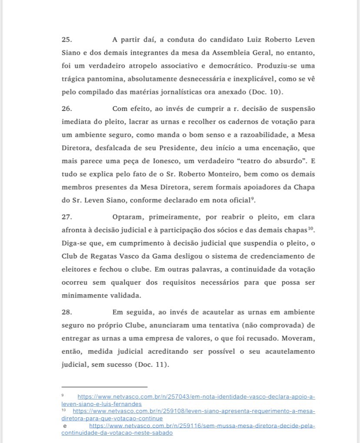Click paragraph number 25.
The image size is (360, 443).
[67, 40]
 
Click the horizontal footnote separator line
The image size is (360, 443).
[104, 386]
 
